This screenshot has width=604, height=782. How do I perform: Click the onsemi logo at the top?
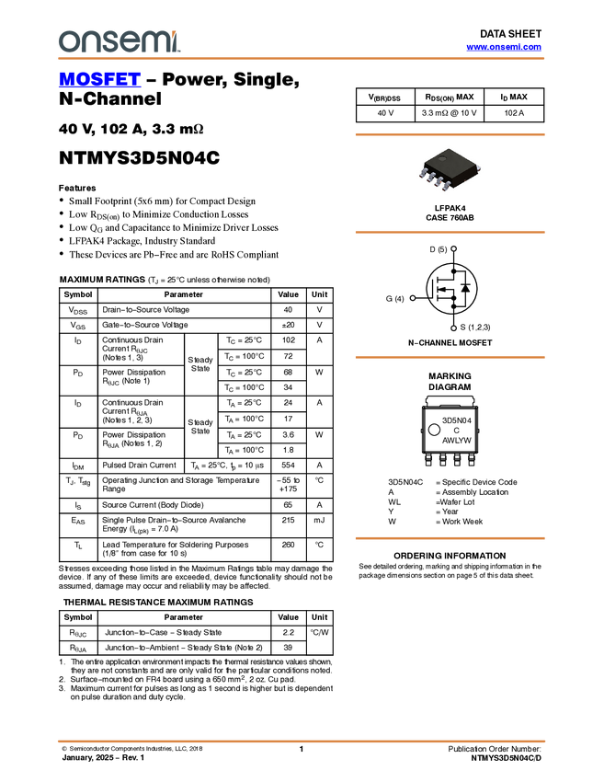click(x=119, y=41)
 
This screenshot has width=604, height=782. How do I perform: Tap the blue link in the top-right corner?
click(x=504, y=47)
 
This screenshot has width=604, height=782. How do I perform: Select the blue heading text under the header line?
click(x=99, y=80)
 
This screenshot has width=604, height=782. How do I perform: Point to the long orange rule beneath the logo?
click(x=302, y=59)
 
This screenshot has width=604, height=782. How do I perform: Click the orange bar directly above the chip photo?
click(x=450, y=135)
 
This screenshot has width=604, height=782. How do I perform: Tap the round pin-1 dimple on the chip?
click(x=440, y=159)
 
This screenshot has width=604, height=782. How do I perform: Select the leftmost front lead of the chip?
click(x=424, y=173)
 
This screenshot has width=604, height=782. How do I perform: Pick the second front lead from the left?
click(x=430, y=178)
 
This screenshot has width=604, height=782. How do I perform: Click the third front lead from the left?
click(x=438, y=182)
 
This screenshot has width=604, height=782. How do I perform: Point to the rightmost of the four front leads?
click(x=446, y=187)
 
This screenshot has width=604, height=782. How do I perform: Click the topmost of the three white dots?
click(x=453, y=248)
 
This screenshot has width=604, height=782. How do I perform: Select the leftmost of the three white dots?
click(x=413, y=298)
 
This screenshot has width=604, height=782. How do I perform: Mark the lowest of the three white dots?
click(x=453, y=328)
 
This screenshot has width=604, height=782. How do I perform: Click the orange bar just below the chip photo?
click(x=450, y=233)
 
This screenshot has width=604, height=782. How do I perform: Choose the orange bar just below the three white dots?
click(x=450, y=358)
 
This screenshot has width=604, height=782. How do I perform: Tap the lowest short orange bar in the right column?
click(x=450, y=538)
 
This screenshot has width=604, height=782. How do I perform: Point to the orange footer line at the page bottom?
click(x=302, y=741)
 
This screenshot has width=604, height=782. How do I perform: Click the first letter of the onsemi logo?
click(x=66, y=42)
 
